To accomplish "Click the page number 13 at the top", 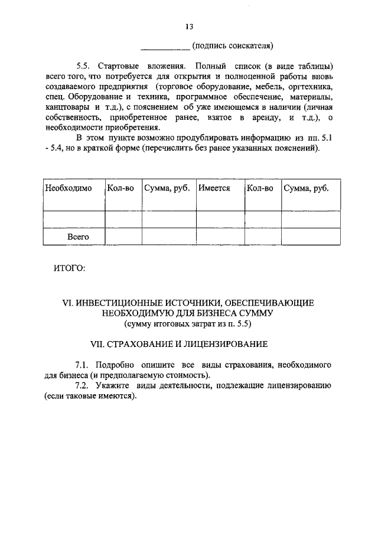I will tap(189, 27).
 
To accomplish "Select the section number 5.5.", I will tap(84, 65).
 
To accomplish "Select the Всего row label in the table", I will tap(77, 236).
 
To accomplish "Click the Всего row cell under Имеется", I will tap(219, 236).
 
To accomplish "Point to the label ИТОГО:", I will tap(70, 269).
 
